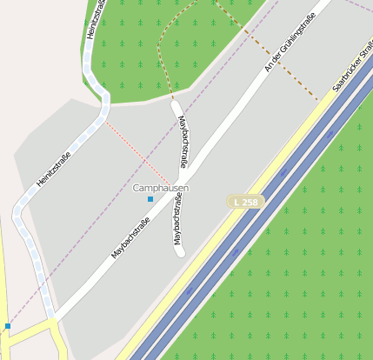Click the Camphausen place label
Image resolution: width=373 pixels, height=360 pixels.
[x=161, y=188]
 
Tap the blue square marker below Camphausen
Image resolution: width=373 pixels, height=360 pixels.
[x=150, y=199]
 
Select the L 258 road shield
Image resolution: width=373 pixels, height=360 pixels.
[x=245, y=202]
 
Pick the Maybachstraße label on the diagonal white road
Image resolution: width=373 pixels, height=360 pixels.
[x=130, y=237]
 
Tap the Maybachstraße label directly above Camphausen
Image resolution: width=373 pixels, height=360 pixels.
[x=183, y=142]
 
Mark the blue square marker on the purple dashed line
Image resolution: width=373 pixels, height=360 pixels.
[x=8, y=326]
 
